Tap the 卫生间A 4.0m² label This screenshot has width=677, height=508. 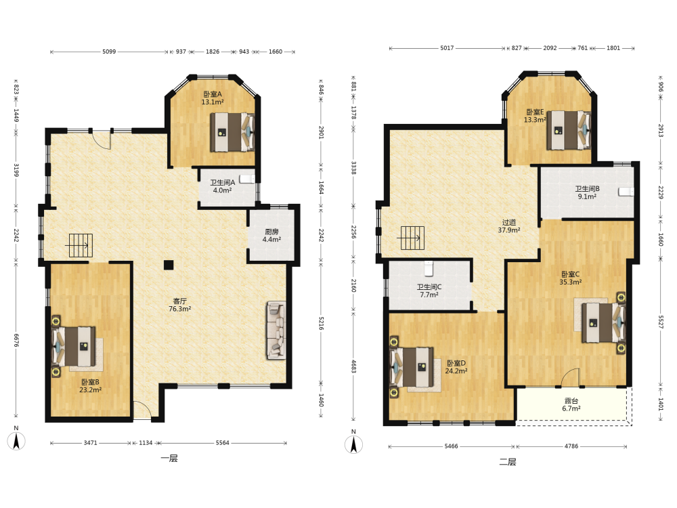222,186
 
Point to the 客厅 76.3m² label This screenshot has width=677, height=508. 179,305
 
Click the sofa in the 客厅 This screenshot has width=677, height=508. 276,331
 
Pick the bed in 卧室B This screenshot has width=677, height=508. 73,346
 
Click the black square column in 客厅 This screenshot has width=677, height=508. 169,265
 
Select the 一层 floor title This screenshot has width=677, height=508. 169,459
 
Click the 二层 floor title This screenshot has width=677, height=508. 508,462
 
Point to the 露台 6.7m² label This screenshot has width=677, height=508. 571,404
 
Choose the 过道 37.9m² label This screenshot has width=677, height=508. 509,226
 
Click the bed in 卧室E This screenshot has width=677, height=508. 568,131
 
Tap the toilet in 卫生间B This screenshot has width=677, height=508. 626,192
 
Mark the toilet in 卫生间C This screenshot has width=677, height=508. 429,268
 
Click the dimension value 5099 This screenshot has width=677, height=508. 109,51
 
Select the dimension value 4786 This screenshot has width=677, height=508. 571,446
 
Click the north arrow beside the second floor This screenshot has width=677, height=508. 353,444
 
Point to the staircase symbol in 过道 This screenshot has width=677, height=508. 412,238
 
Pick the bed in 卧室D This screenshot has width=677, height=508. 412,366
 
